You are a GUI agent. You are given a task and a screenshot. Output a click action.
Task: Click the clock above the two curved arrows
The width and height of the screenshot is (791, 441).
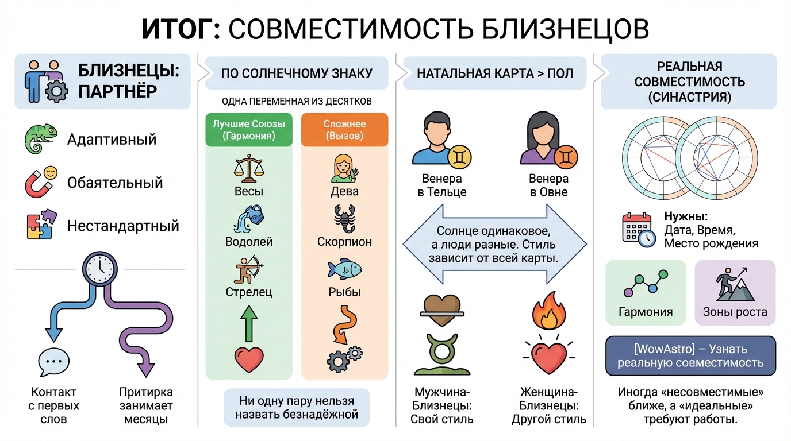pyautogui.click(x=99, y=268)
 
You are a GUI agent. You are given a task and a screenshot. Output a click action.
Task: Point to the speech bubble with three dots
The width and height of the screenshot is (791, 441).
pyautogui.click(x=53, y=361)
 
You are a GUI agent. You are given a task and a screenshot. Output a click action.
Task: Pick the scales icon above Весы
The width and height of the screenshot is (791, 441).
pyautogui.click(x=248, y=167)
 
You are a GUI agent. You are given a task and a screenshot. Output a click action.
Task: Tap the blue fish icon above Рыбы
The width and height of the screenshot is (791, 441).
pyautogui.click(x=344, y=269)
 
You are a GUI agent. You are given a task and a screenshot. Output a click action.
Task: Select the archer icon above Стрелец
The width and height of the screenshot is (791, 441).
pyautogui.click(x=248, y=270)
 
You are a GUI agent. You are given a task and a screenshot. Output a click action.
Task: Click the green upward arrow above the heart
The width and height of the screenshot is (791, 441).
pyautogui.click(x=249, y=323)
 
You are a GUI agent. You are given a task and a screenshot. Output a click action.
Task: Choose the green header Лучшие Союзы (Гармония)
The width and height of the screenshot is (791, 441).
pyautogui.click(x=248, y=130)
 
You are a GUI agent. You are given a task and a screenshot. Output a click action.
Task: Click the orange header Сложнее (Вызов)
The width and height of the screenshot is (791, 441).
pyautogui.click(x=344, y=130)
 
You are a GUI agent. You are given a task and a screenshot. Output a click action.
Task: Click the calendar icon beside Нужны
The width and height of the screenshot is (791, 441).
pyautogui.click(x=639, y=230)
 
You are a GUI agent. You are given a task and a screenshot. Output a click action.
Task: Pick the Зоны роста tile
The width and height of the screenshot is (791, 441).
pyautogui.click(x=735, y=293)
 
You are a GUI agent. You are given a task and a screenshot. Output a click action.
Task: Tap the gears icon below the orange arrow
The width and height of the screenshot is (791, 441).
pyautogui.click(x=344, y=358)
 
